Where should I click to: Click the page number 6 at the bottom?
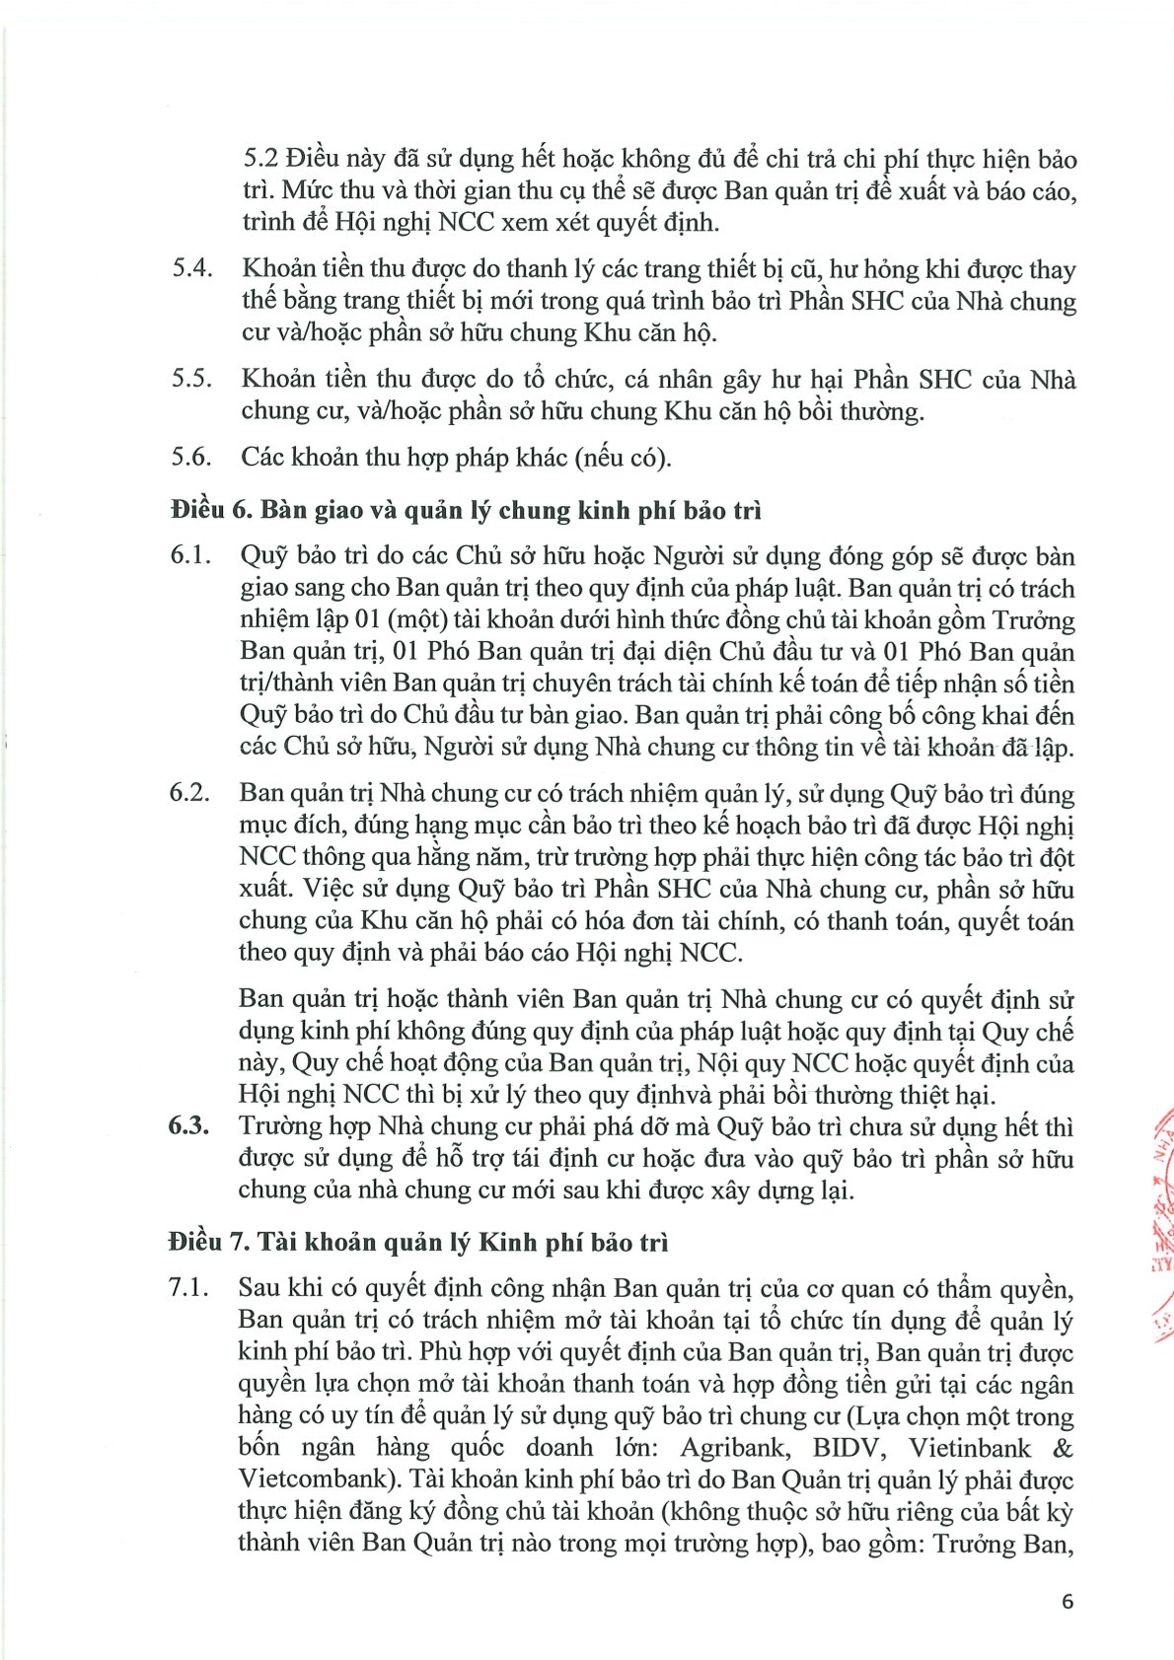click(x=1066, y=1601)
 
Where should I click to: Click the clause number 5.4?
click(x=192, y=269)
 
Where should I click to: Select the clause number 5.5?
click(x=192, y=380)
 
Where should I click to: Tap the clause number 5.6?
click(x=192, y=457)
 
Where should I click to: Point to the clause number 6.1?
click(x=191, y=556)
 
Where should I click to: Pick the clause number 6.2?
click(x=190, y=794)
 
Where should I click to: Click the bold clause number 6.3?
click(x=189, y=1126)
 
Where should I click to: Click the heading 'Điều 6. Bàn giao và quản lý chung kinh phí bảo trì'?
click(x=466, y=510)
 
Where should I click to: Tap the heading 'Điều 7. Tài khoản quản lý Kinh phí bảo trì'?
click(x=418, y=1242)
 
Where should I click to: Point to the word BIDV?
click(x=846, y=1448)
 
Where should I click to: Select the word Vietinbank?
click(x=970, y=1448)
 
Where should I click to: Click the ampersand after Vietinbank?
click(x=1063, y=1448)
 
